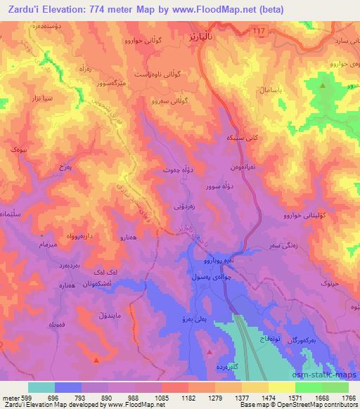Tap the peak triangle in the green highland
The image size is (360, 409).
pos(323,86)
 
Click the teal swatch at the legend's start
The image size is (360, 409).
pos(41,387)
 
